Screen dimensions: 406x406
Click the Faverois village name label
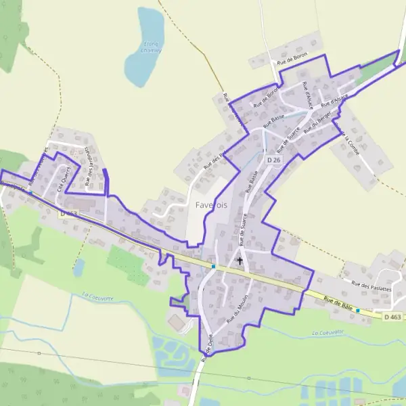point(212,204)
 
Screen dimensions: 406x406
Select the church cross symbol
point(240,260)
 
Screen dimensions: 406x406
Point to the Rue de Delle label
point(206,351)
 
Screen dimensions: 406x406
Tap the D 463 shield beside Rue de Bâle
point(392,316)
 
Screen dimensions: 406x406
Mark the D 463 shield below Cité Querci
point(68,213)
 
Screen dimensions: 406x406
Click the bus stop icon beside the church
point(213,266)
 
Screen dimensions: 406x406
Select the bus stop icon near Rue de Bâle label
point(358,311)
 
